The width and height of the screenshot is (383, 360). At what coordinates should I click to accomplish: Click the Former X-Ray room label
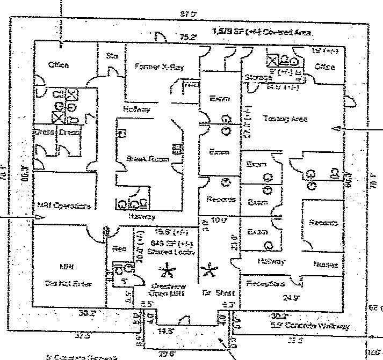point(158,67)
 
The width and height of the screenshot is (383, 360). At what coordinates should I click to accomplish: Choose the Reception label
point(266,283)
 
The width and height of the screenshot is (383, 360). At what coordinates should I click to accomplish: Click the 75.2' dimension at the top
point(187,37)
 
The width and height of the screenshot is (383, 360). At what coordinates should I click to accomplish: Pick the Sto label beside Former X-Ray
point(112,56)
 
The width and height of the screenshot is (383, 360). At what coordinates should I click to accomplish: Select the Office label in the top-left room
point(59,65)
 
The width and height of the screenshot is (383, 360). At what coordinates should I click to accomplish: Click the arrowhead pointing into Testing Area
point(337,129)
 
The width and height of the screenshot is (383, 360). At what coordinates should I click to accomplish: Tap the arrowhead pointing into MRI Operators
point(37,217)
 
